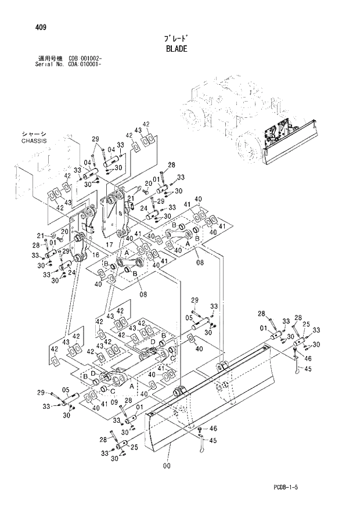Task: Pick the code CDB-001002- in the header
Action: pos(85,59)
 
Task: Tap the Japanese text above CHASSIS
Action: pos(33,134)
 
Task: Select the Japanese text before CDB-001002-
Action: pos(51,59)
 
